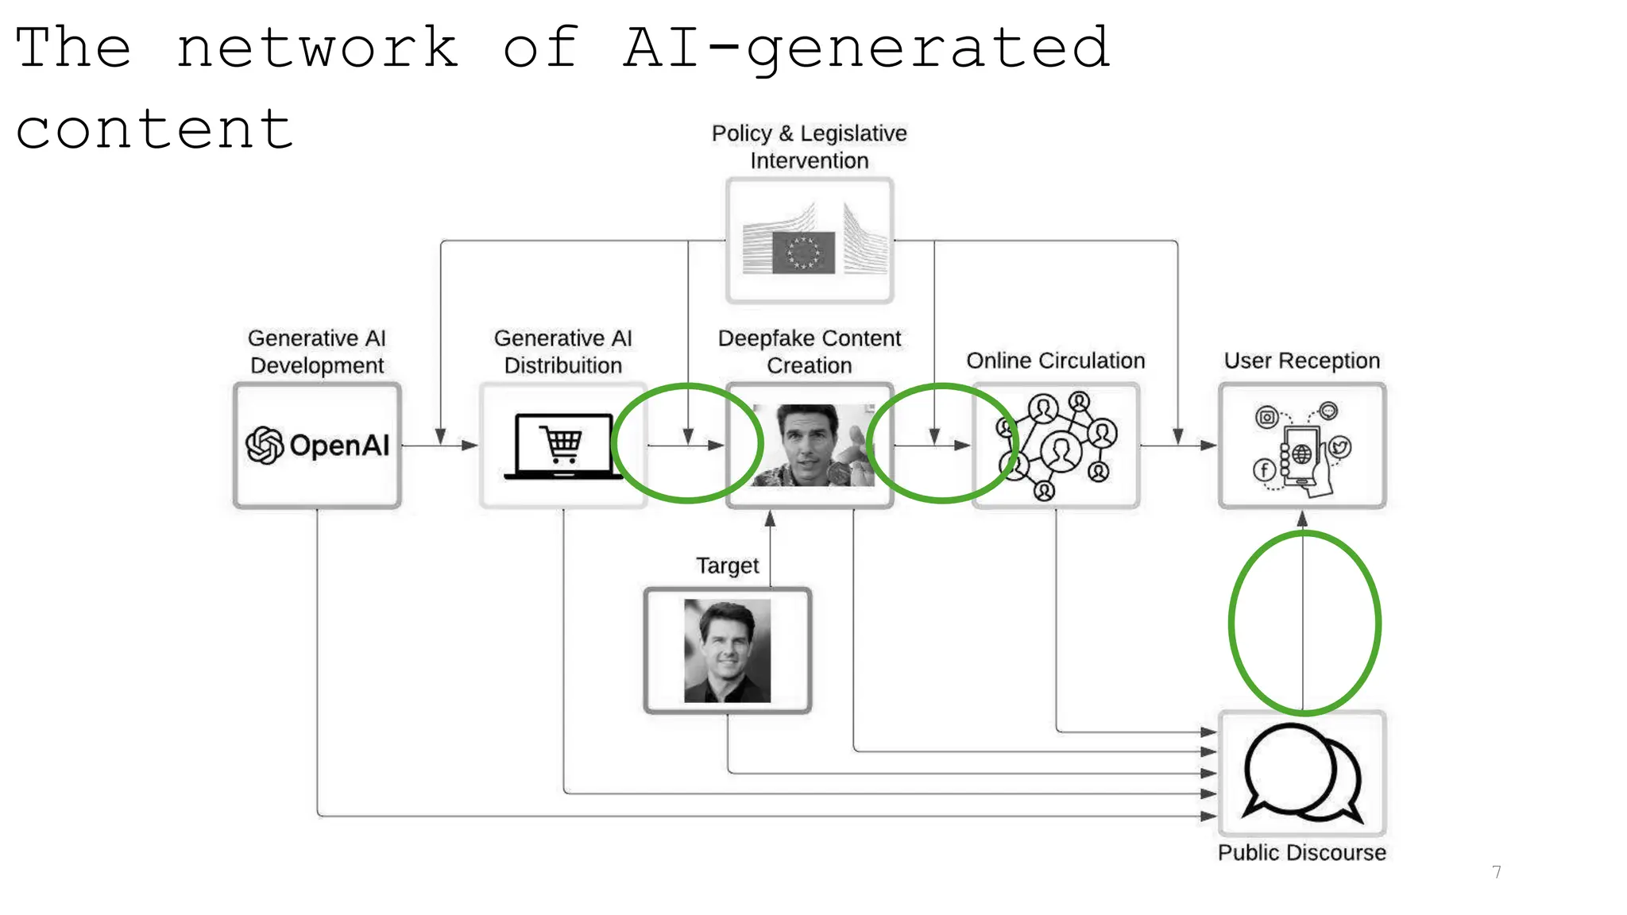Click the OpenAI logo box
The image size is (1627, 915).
[x=317, y=446]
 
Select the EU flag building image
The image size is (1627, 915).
[x=809, y=241]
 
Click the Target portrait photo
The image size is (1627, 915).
[x=727, y=651]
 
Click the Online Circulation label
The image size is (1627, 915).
[x=1055, y=361]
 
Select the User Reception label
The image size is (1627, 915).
[x=1301, y=361]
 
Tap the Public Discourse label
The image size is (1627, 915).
[x=1301, y=852]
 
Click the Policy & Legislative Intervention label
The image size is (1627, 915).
[x=809, y=146]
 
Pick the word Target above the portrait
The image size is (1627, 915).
[x=727, y=566]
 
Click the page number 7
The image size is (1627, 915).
[x=1497, y=872]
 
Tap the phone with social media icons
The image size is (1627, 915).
[x=1301, y=446]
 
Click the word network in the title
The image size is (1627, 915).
[x=316, y=48]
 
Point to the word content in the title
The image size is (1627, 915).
[x=154, y=129]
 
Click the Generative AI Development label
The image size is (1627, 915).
[x=317, y=351]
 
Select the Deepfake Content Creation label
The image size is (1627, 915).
[x=809, y=351]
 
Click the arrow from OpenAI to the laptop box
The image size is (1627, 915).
[x=439, y=446]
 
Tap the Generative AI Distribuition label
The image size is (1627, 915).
[x=562, y=351]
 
